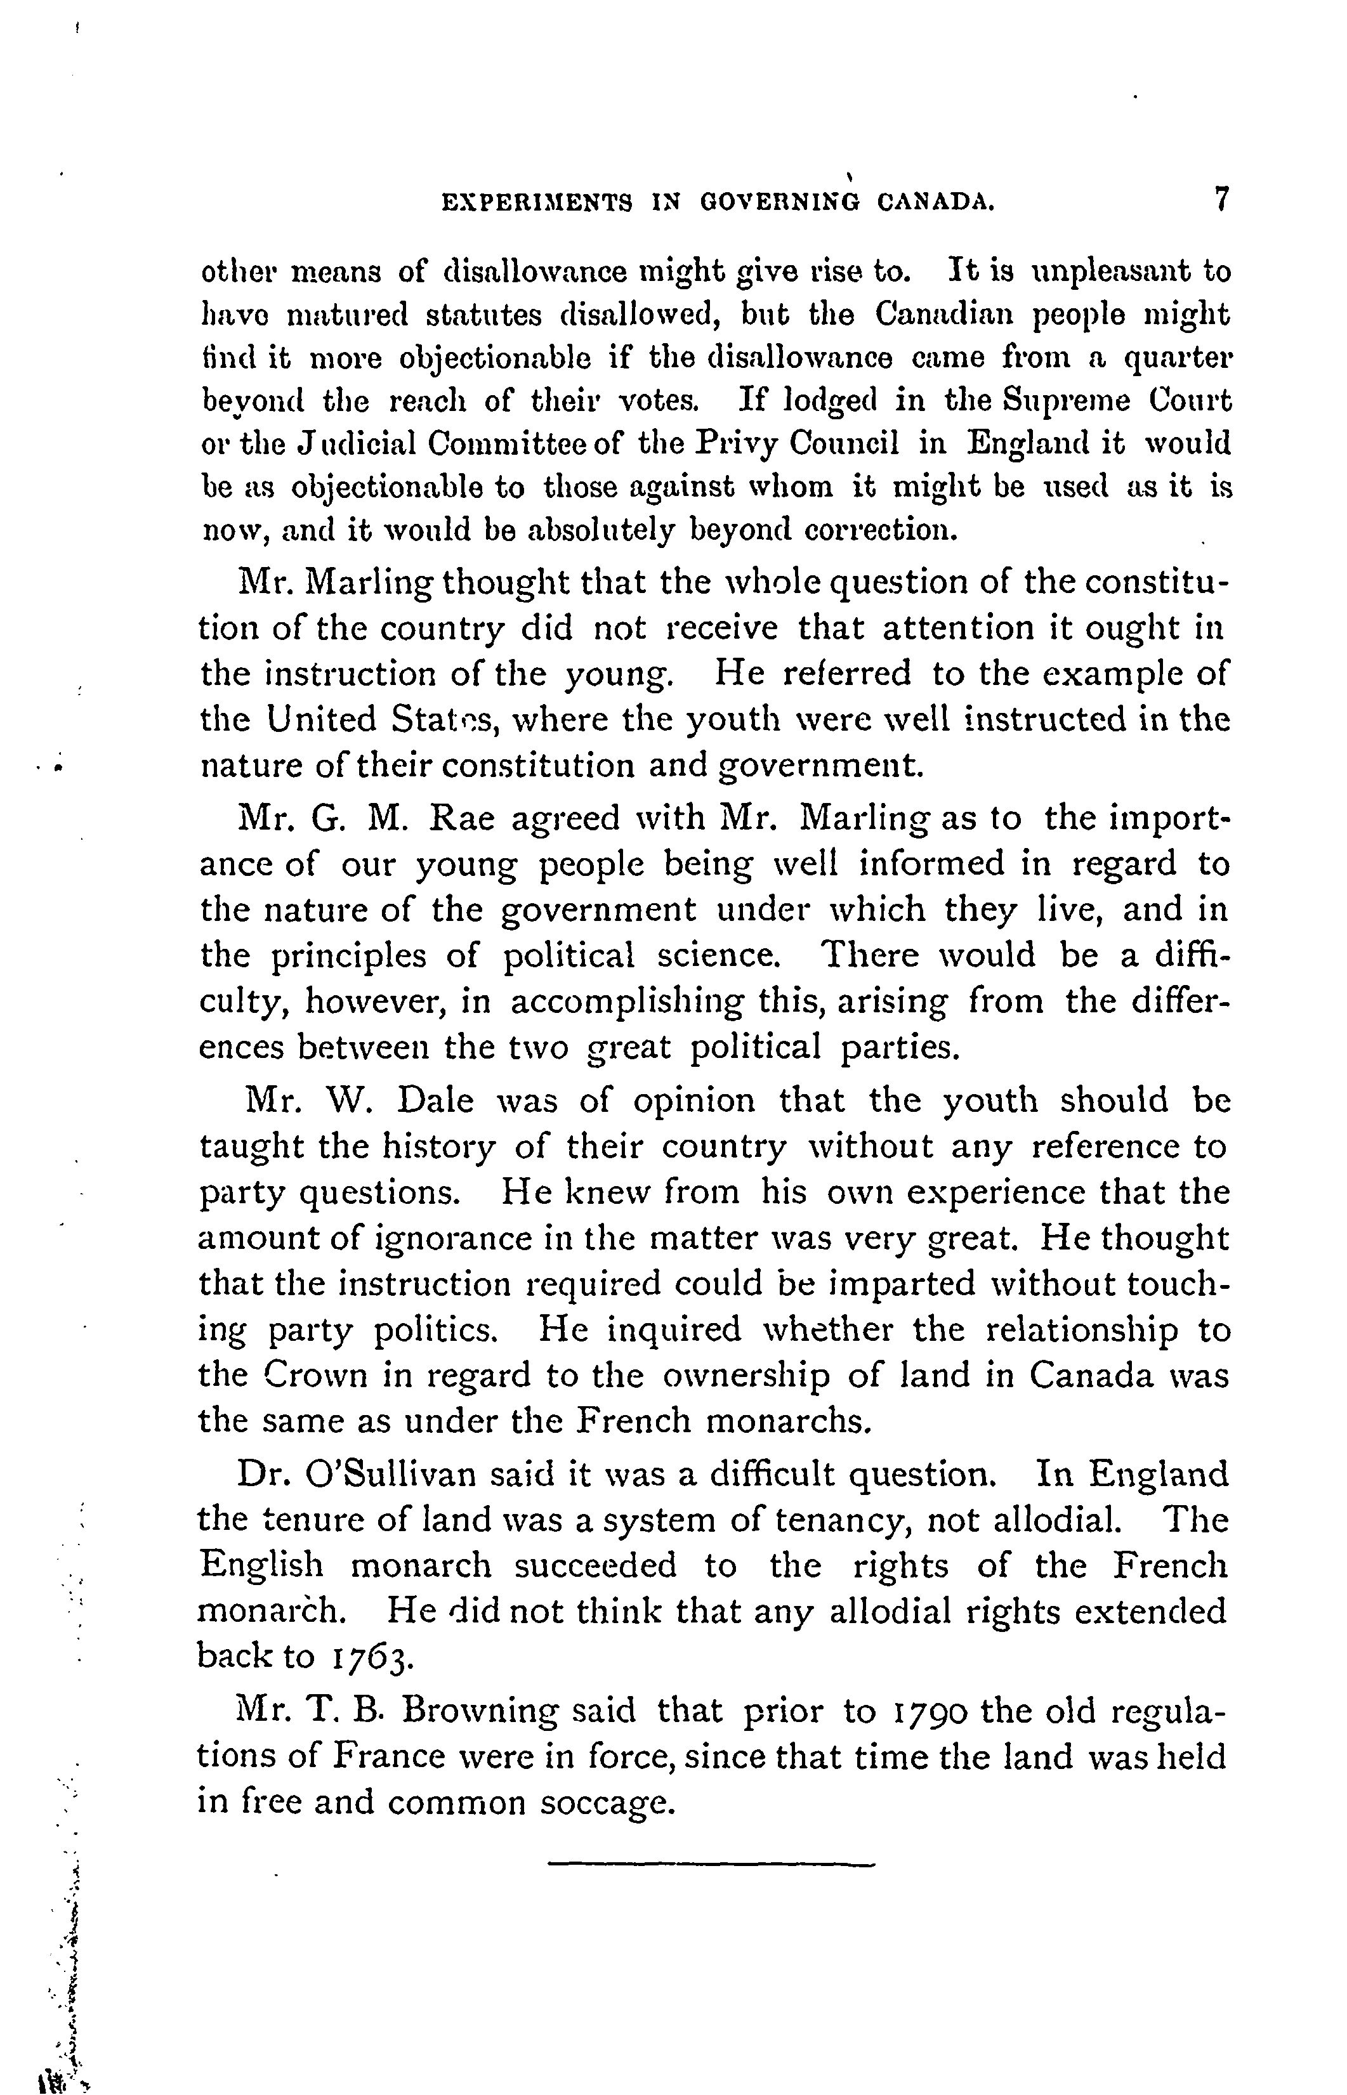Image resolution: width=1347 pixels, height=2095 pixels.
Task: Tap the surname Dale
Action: point(435,1100)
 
